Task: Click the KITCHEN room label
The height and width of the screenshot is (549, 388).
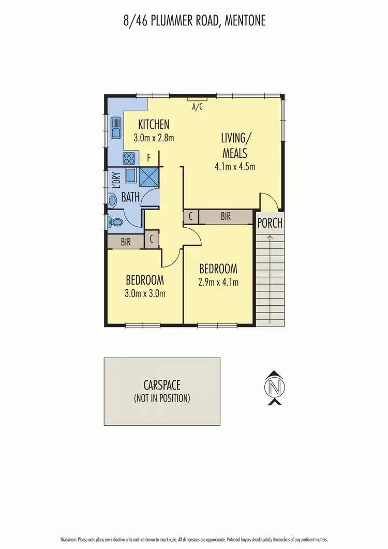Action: [x=154, y=124]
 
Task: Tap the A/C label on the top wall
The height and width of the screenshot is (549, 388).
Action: [x=197, y=107]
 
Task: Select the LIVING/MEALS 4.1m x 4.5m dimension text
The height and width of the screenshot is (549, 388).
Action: [x=235, y=167]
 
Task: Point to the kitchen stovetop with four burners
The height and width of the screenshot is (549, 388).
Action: [x=128, y=158]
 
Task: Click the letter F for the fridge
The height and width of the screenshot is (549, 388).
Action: [x=148, y=158]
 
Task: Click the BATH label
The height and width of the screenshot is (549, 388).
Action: [x=130, y=197]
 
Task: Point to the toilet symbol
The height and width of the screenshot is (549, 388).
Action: [x=116, y=222]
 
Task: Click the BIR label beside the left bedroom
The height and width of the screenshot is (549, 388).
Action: [x=126, y=241]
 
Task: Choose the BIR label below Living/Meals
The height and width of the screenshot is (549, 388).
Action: [x=226, y=217]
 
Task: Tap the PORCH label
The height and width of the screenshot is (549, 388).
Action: [x=270, y=223]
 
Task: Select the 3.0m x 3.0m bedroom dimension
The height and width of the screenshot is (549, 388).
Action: [x=145, y=293]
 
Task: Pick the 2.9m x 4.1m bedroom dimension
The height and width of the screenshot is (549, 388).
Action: [x=218, y=282]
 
